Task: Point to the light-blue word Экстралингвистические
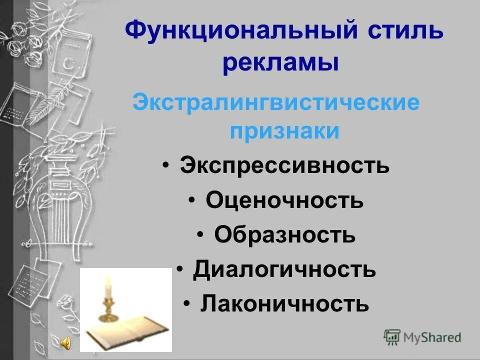click(x=275, y=103)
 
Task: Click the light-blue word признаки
click(x=285, y=131)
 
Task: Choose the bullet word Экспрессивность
click(x=284, y=165)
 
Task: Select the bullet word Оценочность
click(x=284, y=200)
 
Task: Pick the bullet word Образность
click(x=285, y=235)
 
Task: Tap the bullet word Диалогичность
click(x=284, y=269)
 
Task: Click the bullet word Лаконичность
click(x=285, y=303)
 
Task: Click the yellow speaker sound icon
click(x=66, y=342)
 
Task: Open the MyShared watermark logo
click(x=422, y=337)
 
